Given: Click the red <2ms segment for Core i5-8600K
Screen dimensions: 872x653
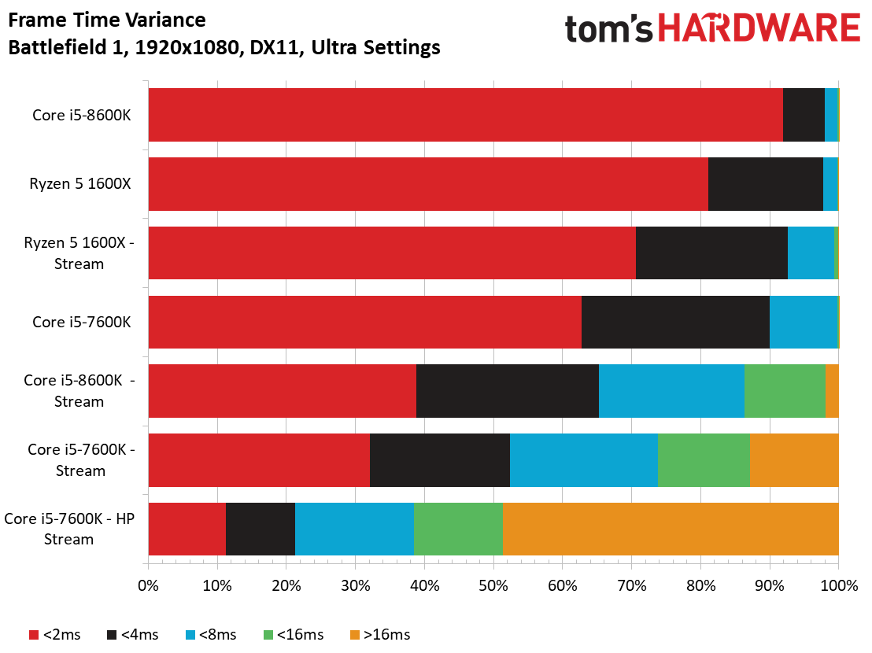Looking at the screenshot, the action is pos(465,115).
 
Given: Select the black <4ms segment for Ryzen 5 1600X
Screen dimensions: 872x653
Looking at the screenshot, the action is pos(765,184).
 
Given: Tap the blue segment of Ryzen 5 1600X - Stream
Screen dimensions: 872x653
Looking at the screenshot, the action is pos(811,253).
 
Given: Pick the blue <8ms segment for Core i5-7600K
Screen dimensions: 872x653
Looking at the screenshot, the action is pos(803,323).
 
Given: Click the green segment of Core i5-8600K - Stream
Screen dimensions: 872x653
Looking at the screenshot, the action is pos(785,391).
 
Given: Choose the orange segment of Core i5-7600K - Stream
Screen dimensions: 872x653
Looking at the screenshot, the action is pos(794,460).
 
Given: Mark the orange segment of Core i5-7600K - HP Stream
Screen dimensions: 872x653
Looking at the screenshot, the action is pos(671,529).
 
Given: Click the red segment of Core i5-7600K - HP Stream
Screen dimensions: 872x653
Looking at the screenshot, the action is pos(187,529).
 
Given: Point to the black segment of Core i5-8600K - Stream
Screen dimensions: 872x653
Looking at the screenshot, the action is pos(507,391).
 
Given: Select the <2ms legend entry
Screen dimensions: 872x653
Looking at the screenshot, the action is pos(54,635).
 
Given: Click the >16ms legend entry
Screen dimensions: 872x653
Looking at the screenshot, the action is pos(380,635).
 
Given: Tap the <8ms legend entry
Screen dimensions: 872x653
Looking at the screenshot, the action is pos(211,635).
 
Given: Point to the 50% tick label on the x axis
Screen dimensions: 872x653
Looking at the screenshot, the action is pos(493,586).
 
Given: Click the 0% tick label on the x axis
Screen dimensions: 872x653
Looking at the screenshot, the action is pos(149,586).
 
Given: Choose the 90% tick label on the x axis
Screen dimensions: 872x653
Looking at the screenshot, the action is pos(770,586).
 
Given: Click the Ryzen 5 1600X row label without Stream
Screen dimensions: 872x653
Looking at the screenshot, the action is pos(80,184).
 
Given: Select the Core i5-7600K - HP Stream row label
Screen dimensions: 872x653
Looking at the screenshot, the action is pos(69,529).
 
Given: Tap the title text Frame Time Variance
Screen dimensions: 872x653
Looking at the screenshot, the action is pos(107,20).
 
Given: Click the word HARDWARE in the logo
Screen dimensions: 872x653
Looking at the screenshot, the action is pos(759,28).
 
